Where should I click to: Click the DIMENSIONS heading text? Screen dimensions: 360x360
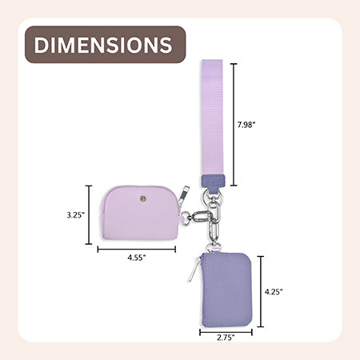(103, 45)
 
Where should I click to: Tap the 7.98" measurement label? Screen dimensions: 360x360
(246, 125)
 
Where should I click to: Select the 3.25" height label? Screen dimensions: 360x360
(76, 215)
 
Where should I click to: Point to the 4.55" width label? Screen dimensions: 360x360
(137, 258)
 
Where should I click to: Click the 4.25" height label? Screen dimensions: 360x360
(274, 292)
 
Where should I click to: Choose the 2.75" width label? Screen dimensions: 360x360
(226, 338)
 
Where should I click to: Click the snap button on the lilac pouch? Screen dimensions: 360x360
(143, 198)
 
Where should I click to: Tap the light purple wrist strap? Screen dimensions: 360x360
(213, 118)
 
